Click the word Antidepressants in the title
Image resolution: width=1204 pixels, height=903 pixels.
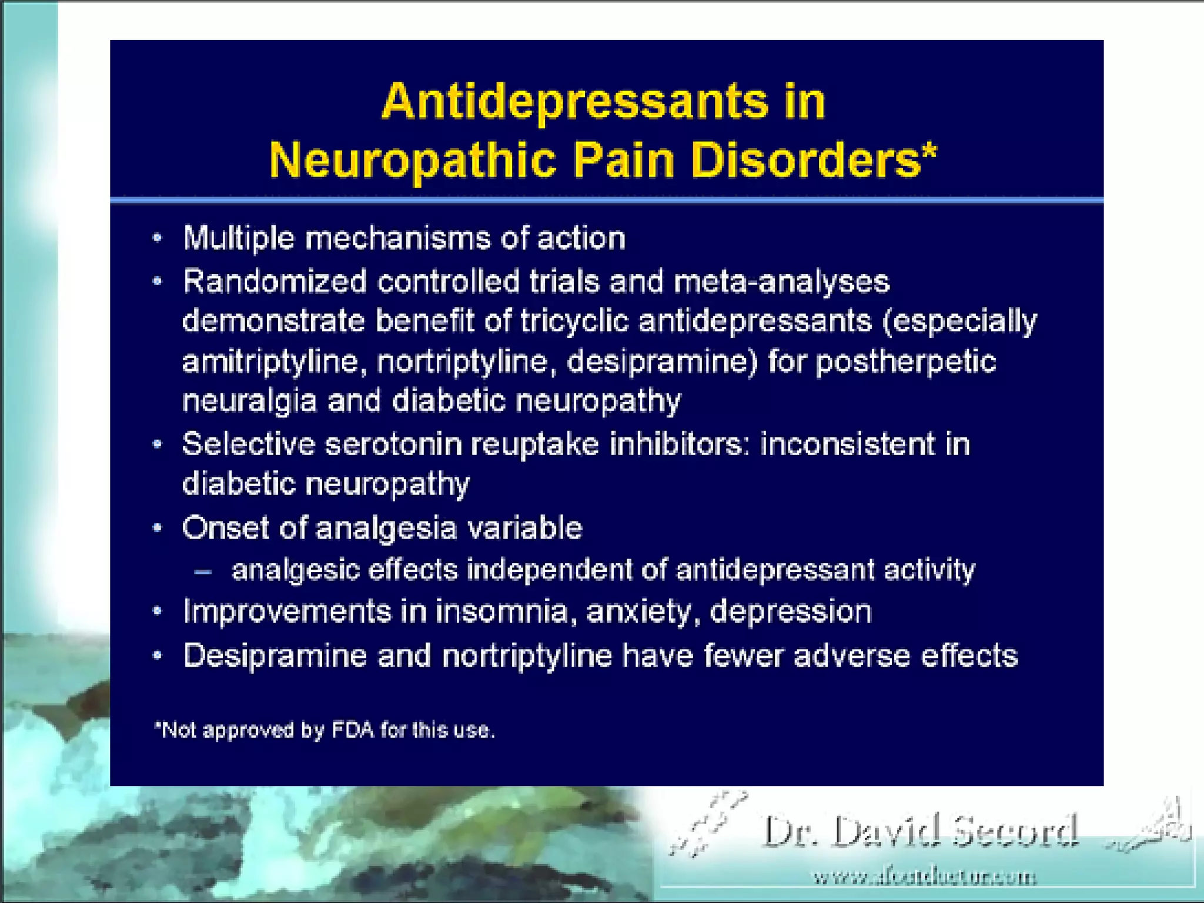[574, 102]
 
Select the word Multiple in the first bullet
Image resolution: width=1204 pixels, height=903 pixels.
[239, 239]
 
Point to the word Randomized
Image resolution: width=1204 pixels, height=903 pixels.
[275, 282]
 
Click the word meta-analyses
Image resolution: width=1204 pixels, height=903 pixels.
[781, 282]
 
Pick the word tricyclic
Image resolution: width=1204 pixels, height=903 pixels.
[574, 322]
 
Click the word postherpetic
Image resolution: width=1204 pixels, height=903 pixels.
[905, 361]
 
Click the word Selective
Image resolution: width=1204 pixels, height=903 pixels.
[249, 444]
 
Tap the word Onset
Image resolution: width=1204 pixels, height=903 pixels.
[226, 527]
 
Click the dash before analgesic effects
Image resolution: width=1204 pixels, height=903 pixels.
[203, 571]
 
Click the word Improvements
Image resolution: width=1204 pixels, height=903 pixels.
[287, 612]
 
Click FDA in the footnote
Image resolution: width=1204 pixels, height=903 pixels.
[353, 730]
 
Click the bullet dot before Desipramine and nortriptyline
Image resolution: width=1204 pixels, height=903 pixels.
[157, 655]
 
